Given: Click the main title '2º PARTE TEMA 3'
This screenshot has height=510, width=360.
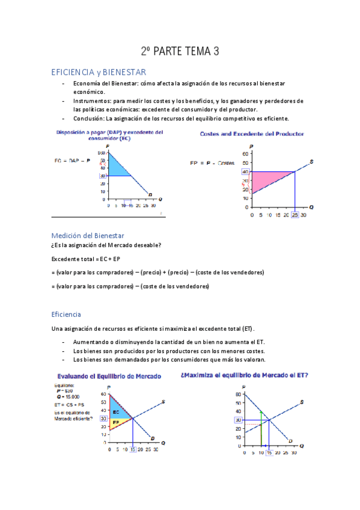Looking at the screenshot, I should pyautogui.click(x=180, y=52).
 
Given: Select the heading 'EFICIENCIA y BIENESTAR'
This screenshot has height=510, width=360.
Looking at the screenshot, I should pyautogui.click(x=99, y=72).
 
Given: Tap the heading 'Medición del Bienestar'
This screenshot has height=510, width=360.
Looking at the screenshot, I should pyautogui.click(x=87, y=235).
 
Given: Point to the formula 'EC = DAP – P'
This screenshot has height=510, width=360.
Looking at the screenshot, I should pyautogui.click(x=72, y=161).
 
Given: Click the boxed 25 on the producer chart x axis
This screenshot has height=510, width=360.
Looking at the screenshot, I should pyautogui.click(x=294, y=215).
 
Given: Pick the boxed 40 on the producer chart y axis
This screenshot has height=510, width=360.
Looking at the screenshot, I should pyautogui.click(x=246, y=172).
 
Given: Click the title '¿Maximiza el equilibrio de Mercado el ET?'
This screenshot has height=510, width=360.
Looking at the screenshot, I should pyautogui.click(x=244, y=375).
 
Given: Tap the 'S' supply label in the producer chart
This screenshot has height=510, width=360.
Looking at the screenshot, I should pyautogui.click(x=311, y=161).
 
